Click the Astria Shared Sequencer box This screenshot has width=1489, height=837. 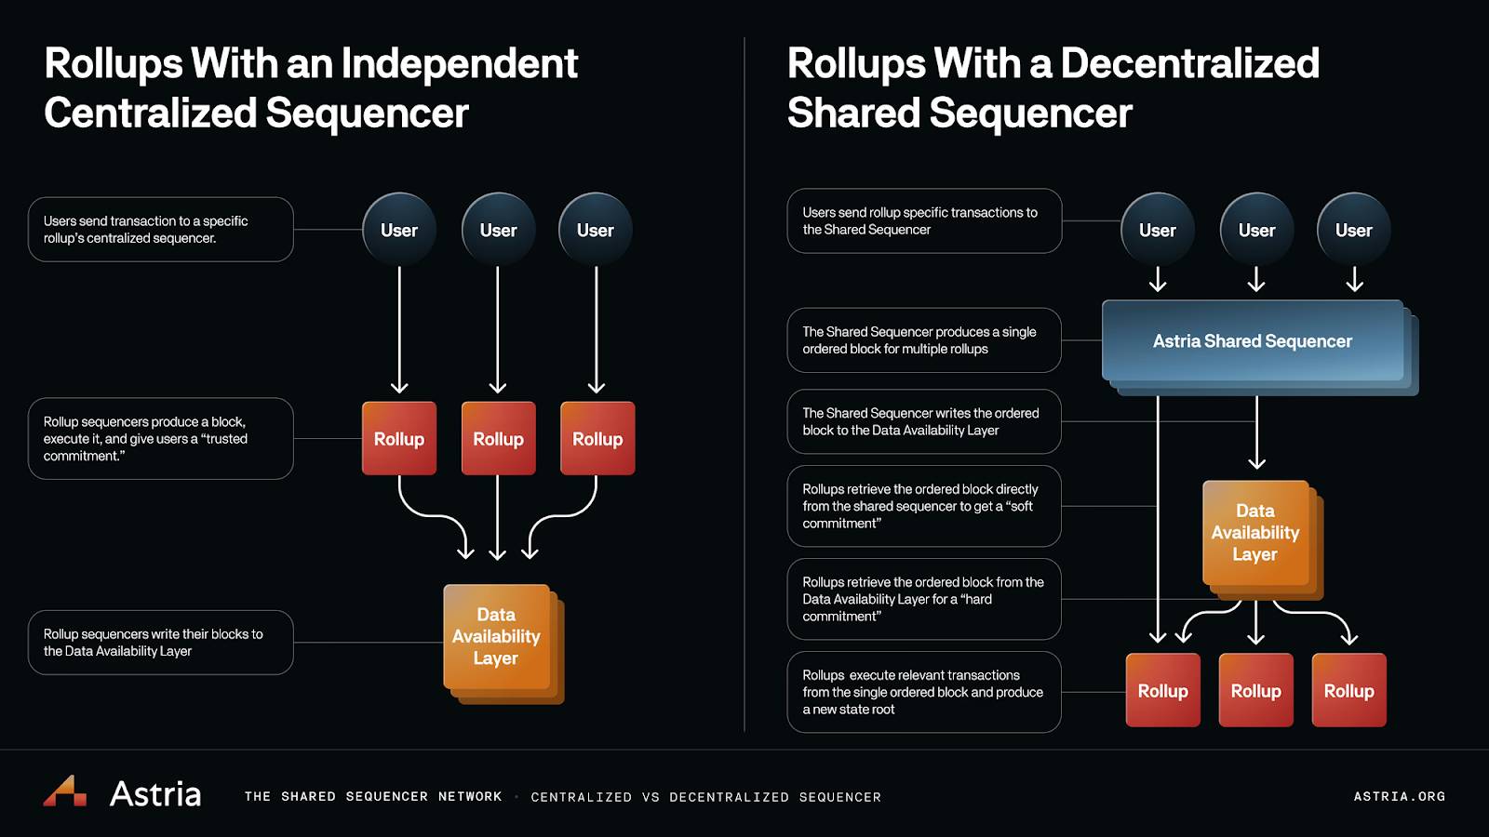1253,340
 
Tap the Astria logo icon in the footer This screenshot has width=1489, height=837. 65,790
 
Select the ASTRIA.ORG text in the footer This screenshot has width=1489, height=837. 1400,796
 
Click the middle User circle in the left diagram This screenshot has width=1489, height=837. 498,230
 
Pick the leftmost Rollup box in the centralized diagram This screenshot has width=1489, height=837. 399,438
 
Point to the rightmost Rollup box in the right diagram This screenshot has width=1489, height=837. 1348,690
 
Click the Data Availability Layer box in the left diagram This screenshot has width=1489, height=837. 503,644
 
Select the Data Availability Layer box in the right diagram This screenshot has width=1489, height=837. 1262,540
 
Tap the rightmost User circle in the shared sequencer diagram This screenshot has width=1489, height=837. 1353,230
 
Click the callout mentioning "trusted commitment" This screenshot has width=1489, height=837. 161,438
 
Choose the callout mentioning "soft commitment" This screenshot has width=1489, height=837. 924,506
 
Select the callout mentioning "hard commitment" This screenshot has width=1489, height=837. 924,599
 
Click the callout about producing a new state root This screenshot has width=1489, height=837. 924,692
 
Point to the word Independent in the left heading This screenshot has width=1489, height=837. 460,65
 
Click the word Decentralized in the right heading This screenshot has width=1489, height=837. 1190,64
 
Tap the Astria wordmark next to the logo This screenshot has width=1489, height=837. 154,793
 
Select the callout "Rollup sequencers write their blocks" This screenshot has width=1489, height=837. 161,643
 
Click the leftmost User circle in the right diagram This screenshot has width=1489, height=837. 1158,230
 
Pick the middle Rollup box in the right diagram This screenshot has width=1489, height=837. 1255,690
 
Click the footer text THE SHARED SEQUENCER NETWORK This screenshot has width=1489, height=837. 373,796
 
